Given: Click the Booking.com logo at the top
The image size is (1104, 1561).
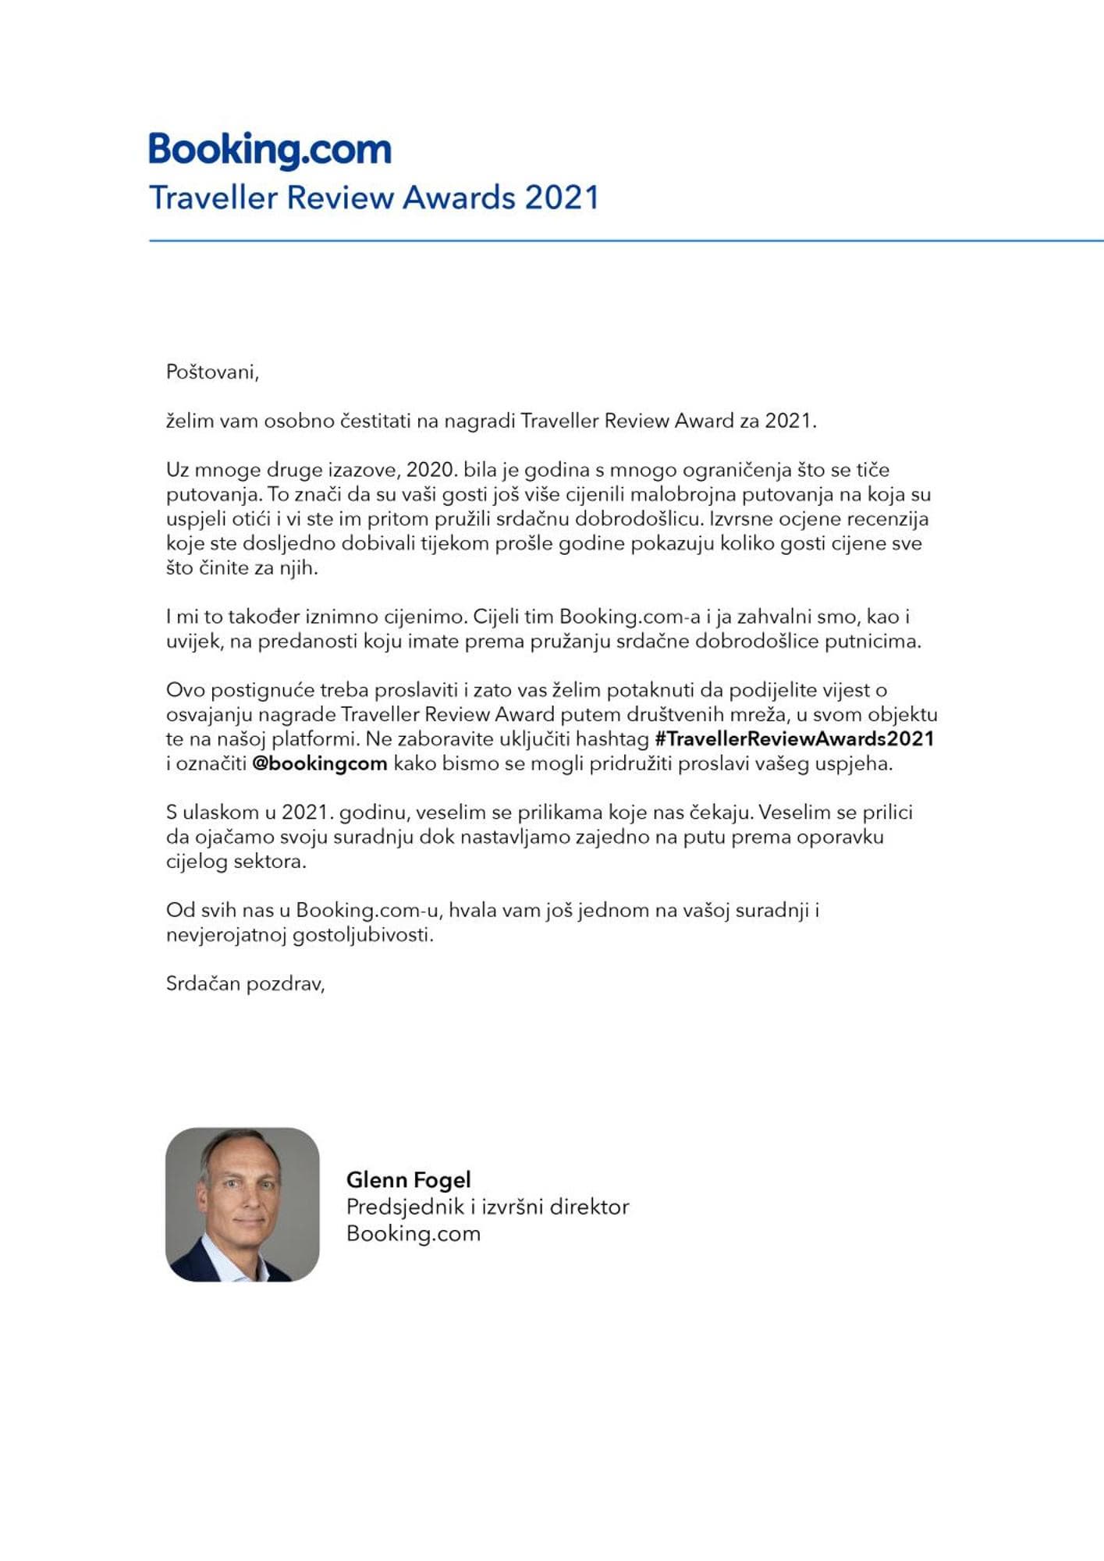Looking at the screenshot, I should (270, 150).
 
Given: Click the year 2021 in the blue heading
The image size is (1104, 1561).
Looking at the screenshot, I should (562, 197).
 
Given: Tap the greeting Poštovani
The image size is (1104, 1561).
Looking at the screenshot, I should (212, 372).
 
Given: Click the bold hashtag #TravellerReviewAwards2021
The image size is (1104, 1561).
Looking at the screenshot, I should (794, 738).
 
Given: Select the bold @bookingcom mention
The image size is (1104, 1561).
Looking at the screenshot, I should (320, 763).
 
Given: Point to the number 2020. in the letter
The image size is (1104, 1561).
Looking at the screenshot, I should (431, 470).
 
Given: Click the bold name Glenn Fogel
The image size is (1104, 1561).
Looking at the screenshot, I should (408, 1179).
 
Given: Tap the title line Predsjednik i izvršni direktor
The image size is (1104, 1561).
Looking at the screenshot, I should (488, 1207).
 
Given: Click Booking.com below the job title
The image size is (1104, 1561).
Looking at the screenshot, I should (414, 1233).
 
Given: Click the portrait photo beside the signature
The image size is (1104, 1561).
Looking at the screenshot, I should (243, 1204).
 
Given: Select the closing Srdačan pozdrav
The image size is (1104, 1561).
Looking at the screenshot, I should (245, 983).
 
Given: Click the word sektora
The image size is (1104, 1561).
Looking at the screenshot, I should (270, 862).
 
